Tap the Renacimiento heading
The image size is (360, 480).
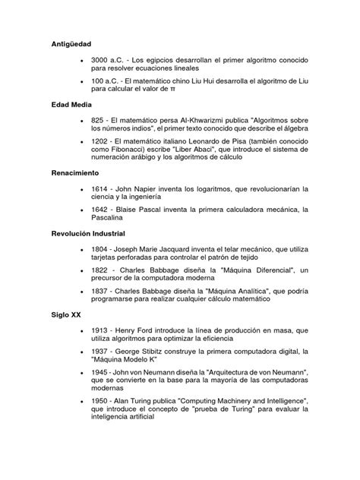75,173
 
